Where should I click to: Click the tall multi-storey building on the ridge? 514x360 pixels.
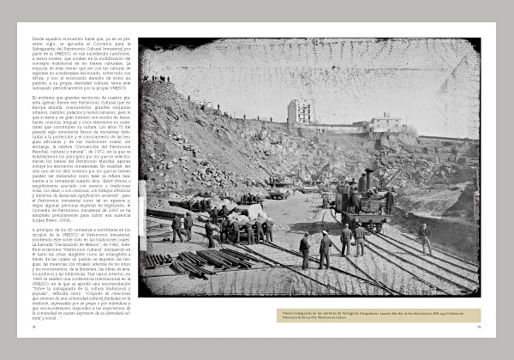pos(299,112)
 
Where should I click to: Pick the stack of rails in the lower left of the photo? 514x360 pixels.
pos(184,260)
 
